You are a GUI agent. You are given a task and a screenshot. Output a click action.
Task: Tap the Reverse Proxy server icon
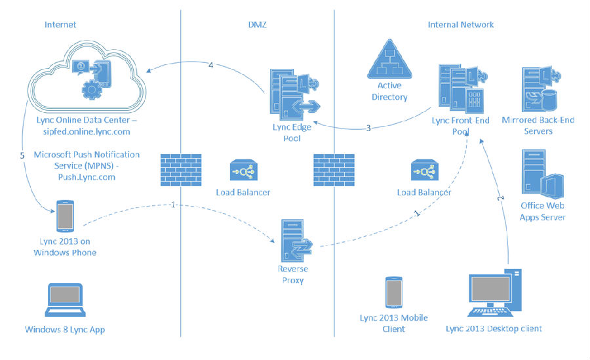296,241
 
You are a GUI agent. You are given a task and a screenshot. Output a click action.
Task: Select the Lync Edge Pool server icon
294,94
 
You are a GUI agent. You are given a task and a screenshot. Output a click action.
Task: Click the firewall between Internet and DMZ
181,170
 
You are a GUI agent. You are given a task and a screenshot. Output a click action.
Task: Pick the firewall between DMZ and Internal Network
334,170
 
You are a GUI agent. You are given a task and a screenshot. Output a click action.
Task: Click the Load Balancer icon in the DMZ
243,170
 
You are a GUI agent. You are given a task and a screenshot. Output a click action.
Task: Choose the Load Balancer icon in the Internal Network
424,170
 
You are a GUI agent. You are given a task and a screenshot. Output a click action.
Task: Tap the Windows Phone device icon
65,216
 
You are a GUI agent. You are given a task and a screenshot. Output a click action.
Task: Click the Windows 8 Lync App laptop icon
65,300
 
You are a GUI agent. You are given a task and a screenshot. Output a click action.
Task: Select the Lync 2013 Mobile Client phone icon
394,292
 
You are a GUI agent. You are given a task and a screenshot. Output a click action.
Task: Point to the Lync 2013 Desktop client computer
494,292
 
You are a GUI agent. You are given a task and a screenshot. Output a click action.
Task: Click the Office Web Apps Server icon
543,174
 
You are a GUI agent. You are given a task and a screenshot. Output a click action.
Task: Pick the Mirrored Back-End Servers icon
541,89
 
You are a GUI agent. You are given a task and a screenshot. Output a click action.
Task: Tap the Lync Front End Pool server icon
463,89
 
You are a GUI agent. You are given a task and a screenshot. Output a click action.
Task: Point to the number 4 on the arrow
210,65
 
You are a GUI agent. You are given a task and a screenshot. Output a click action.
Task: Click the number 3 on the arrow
368,128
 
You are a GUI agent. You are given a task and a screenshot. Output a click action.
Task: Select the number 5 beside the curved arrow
22,155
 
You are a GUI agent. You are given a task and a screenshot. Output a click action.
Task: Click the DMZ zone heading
258,24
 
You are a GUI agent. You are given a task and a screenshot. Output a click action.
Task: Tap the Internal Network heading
461,24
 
